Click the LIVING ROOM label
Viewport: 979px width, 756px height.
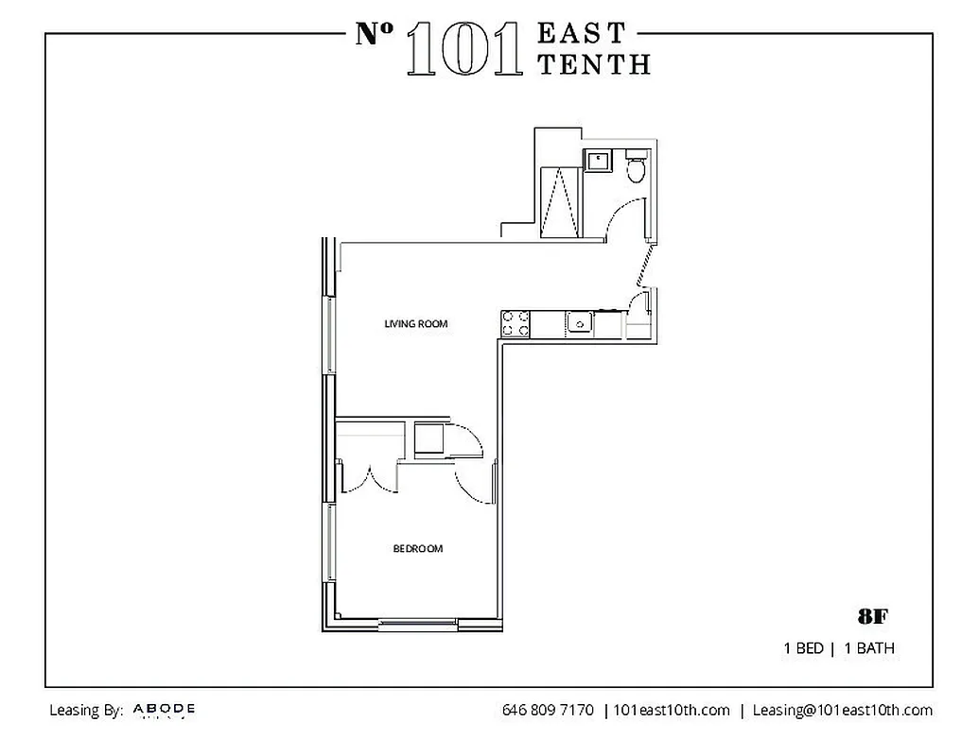[x=415, y=324]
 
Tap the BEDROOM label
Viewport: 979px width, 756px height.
[x=417, y=549]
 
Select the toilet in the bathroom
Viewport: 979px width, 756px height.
[x=637, y=168]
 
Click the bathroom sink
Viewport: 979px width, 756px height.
[x=598, y=162]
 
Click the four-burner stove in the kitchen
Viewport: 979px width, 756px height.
[x=516, y=324]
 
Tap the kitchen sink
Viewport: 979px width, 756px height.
[x=579, y=324]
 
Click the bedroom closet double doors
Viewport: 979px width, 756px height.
[x=370, y=477]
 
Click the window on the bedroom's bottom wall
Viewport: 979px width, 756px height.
[x=417, y=623]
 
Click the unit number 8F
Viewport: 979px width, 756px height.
[x=872, y=617]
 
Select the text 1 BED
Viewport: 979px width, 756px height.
[x=802, y=649]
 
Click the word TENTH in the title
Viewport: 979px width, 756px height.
[x=593, y=63]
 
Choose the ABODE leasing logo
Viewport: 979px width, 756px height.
[x=164, y=709]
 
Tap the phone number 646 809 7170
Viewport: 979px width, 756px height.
[x=548, y=711]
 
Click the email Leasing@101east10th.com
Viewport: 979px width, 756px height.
[x=842, y=711]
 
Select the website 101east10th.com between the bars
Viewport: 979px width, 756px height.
[x=672, y=711]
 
